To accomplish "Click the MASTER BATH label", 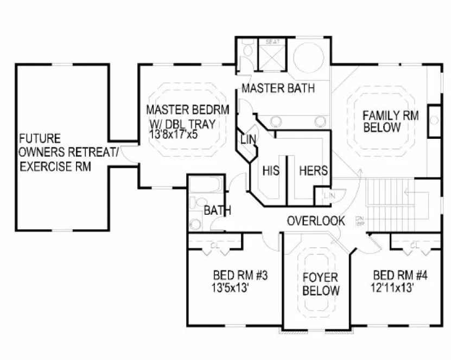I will [278, 88].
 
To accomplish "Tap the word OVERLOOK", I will [316, 221].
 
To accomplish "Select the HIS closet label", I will [271, 171].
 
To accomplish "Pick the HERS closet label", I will [314, 171].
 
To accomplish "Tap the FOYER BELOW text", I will [321, 284].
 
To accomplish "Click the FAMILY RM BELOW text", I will [389, 121].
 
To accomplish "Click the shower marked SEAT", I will [271, 54].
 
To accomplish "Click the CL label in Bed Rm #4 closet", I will [414, 245].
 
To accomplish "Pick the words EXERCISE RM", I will [54, 166].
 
